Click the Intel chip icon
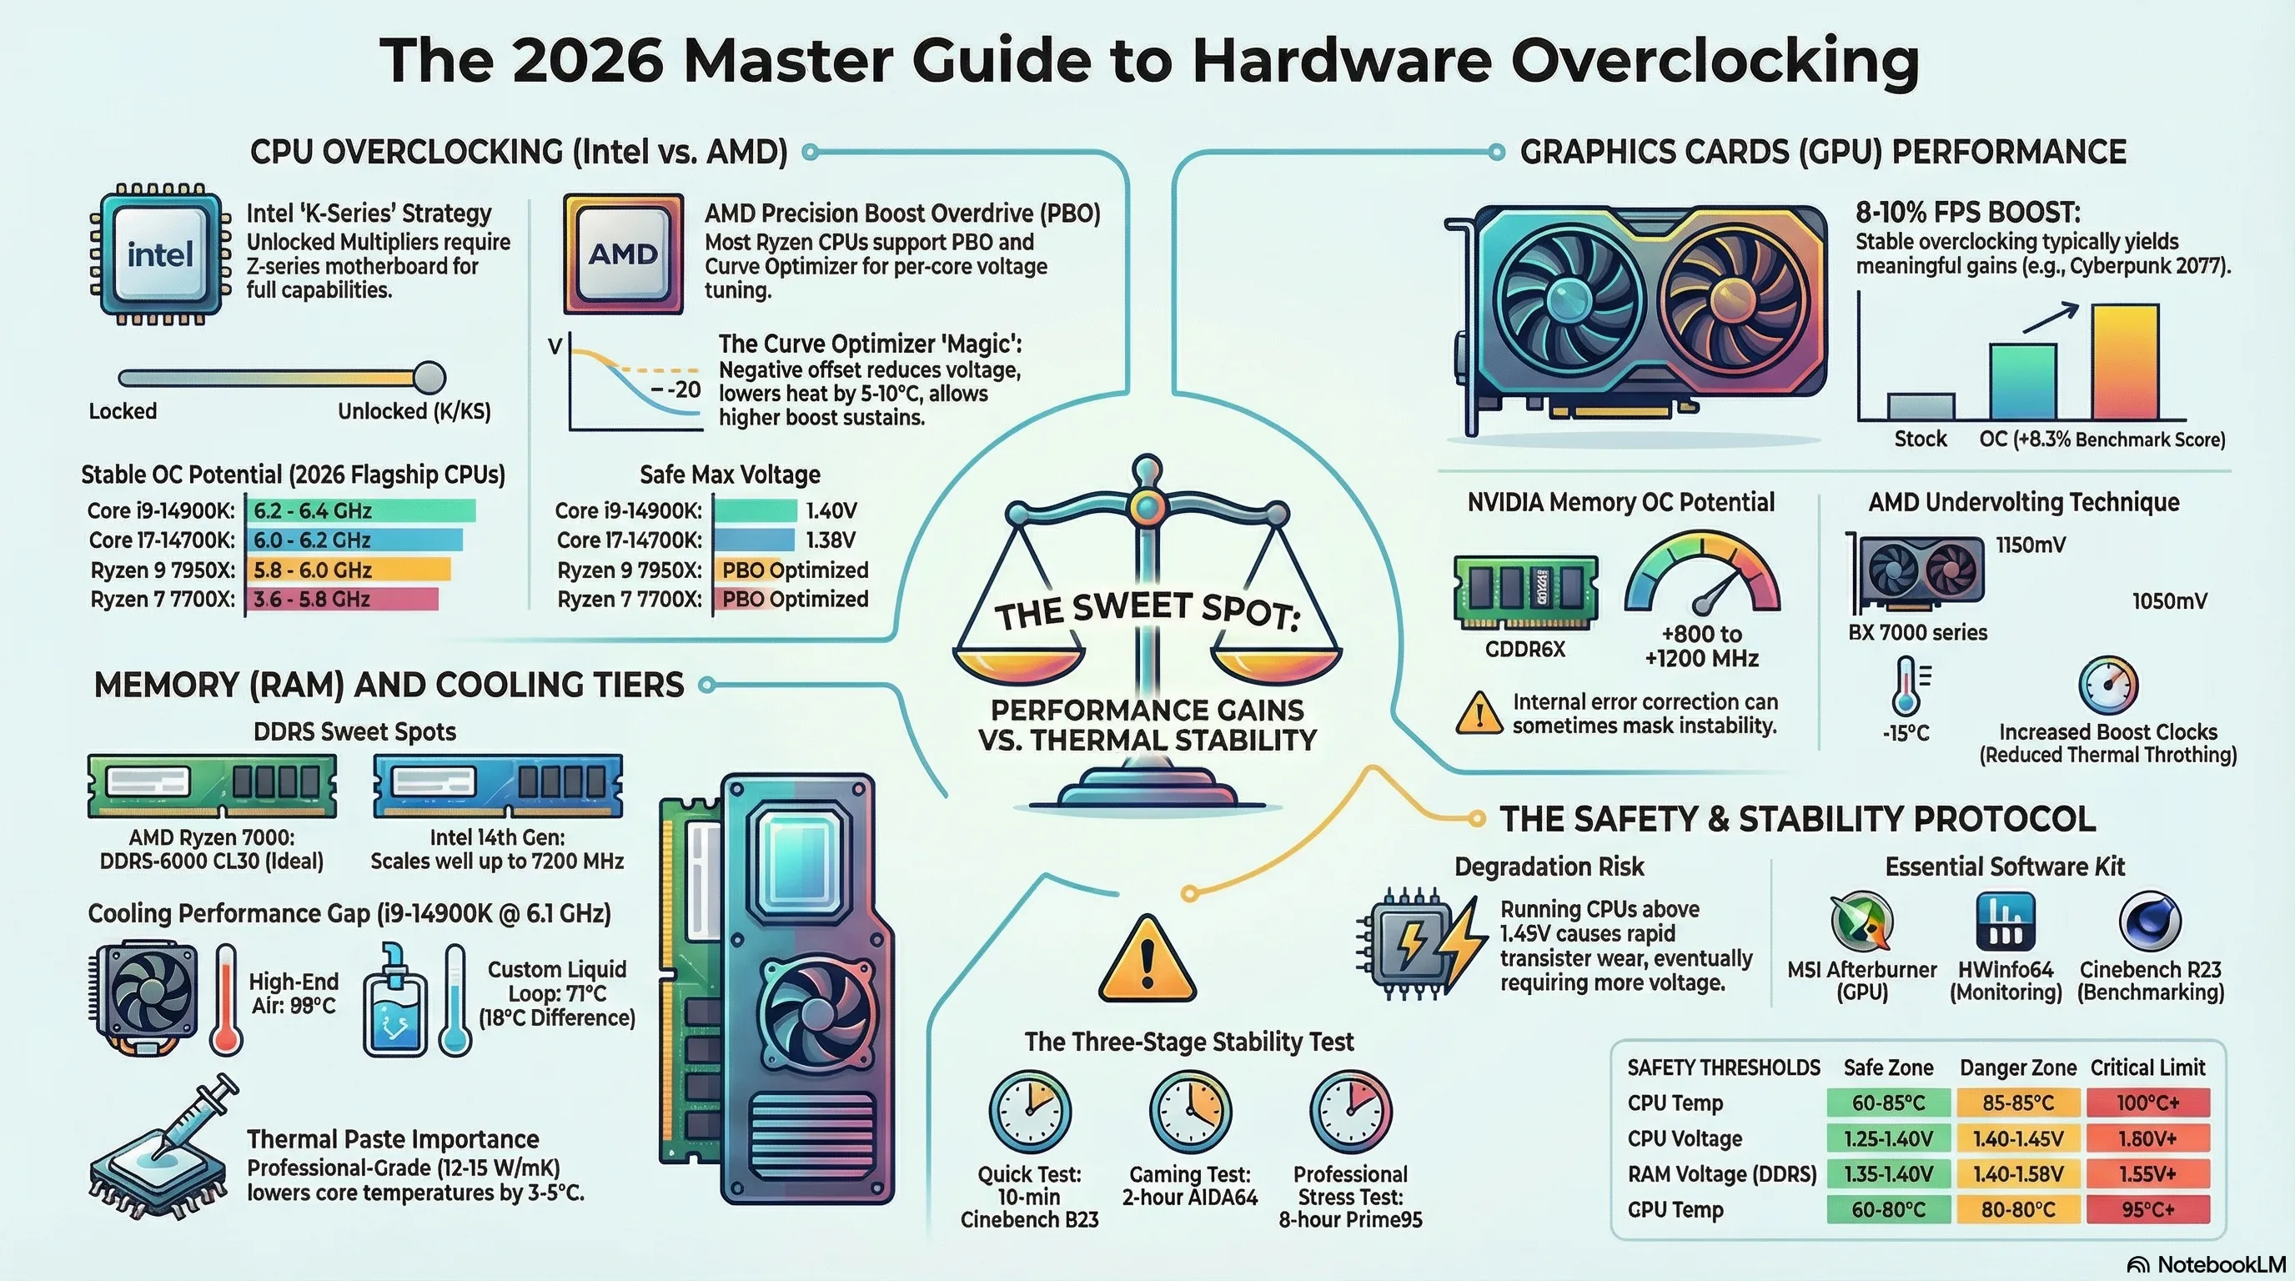[160, 254]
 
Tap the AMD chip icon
[624, 254]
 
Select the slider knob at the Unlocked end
[429, 378]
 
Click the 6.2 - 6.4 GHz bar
[360, 510]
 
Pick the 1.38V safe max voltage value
[831, 540]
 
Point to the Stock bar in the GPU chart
[1921, 406]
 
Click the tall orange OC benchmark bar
[2125, 362]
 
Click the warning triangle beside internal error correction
[1479, 714]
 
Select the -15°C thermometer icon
[1906, 686]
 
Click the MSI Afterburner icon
[1862, 921]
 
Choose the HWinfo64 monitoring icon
[2006, 921]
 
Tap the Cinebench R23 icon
[2150, 921]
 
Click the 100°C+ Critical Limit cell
[2148, 1103]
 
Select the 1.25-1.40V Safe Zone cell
[1888, 1138]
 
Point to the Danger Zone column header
[2018, 1067]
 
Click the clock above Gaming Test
[1190, 1112]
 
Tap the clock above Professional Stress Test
[1351, 1112]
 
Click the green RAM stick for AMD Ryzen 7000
[212, 786]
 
